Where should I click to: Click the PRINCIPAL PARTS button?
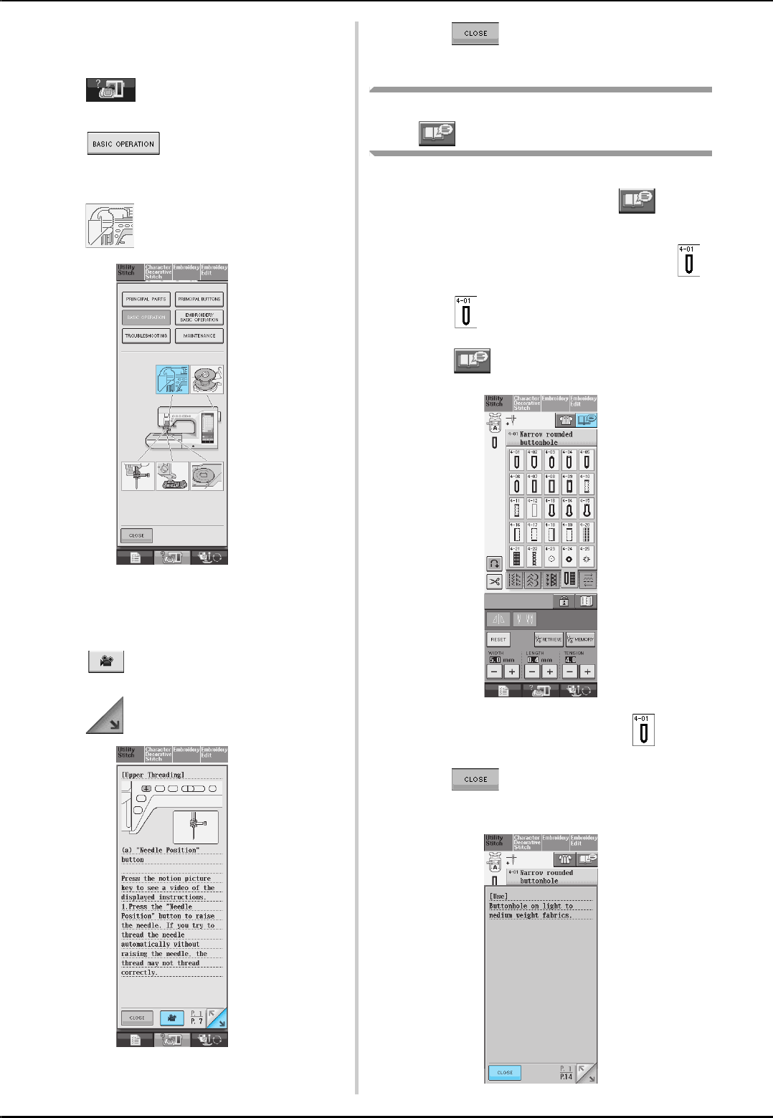coord(146,299)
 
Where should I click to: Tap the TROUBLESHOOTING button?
coord(146,335)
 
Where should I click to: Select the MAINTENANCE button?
coord(199,335)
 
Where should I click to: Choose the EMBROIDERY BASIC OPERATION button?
coord(199,317)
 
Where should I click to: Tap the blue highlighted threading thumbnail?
coord(172,379)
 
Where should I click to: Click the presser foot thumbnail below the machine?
coord(172,477)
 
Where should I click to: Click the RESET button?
coord(498,639)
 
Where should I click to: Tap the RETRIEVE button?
coord(549,639)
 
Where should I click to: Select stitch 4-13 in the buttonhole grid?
coord(551,508)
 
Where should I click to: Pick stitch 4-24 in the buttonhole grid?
coord(569,556)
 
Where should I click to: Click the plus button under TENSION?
coord(587,672)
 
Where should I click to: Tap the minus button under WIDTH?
coord(494,672)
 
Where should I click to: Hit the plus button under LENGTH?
coord(549,672)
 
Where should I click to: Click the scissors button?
coord(494,581)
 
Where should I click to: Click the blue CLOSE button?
coord(505,1072)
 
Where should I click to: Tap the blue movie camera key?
coord(172,1017)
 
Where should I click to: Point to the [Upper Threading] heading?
coord(153,775)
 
